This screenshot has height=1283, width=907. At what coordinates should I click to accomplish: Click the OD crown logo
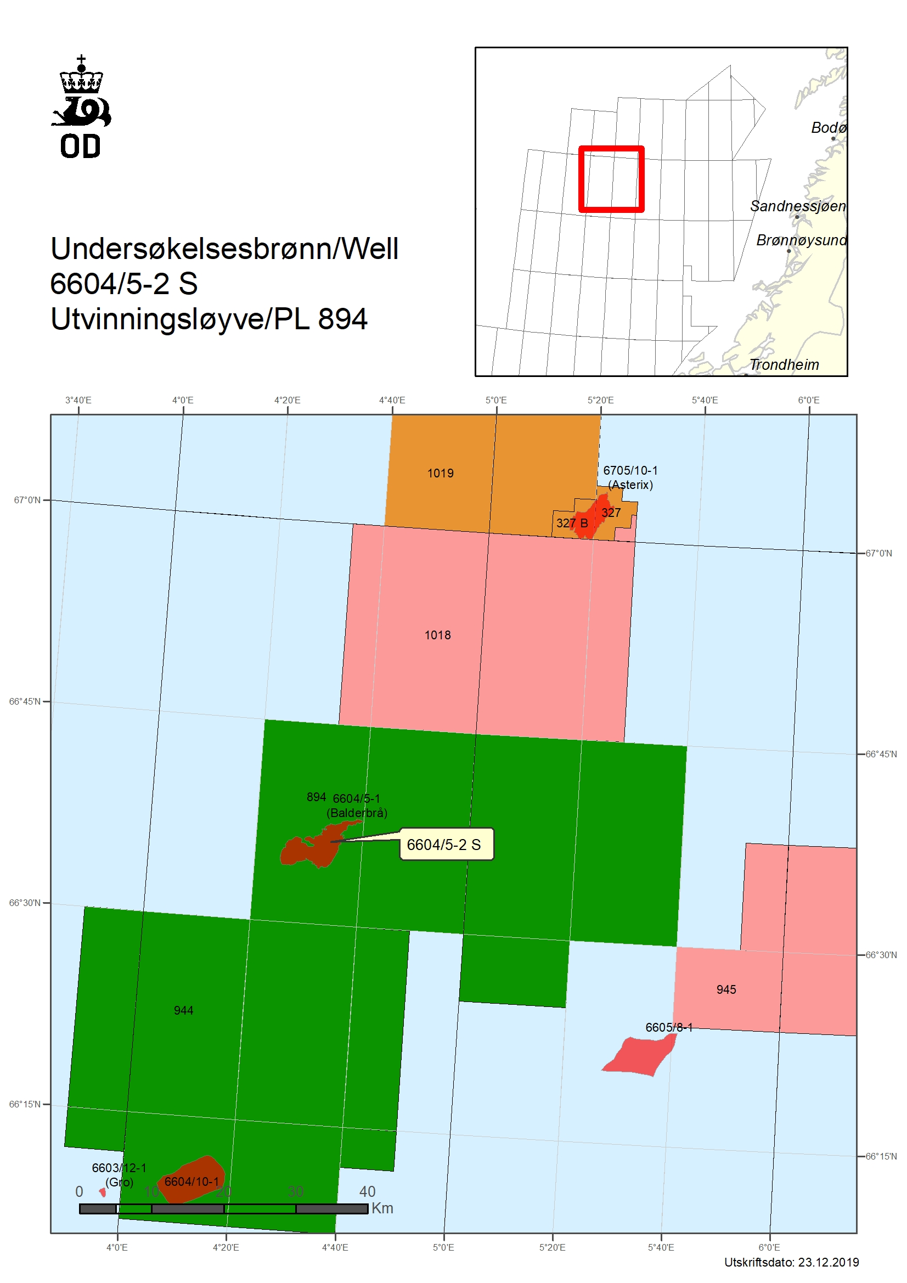pyautogui.click(x=82, y=106)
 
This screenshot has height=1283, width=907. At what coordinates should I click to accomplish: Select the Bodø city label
pyautogui.click(x=827, y=128)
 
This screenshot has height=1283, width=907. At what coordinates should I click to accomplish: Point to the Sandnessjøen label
pyautogui.click(x=797, y=206)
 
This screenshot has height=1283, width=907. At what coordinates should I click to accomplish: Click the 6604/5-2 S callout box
pyautogui.click(x=446, y=845)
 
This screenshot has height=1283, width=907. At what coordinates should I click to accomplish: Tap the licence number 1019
pyautogui.click(x=440, y=473)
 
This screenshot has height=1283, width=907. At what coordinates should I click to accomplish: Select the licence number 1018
pyautogui.click(x=437, y=635)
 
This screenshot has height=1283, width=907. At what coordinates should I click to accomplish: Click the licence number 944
pyautogui.click(x=183, y=1010)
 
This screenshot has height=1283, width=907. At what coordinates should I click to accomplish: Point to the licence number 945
pyautogui.click(x=726, y=989)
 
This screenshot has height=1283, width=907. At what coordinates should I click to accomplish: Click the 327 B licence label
pyautogui.click(x=572, y=523)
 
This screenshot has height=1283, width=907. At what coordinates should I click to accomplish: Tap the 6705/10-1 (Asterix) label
pyautogui.click(x=630, y=477)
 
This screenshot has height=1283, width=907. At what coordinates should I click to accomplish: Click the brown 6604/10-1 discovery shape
pyautogui.click(x=193, y=1179)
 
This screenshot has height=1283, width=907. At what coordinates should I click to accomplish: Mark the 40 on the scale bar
pyautogui.click(x=367, y=1191)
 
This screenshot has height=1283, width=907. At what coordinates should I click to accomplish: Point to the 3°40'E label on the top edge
pyautogui.click(x=78, y=400)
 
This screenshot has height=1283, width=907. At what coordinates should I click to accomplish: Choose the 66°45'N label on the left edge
pyautogui.click(x=25, y=701)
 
